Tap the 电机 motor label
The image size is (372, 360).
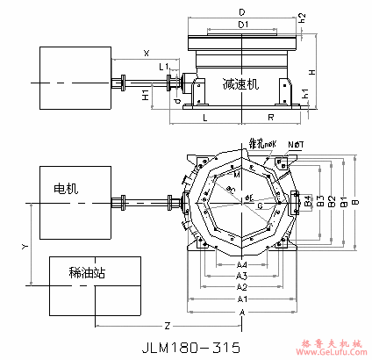[66, 188]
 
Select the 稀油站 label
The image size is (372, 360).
[87, 273]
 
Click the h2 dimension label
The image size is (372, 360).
[303, 17]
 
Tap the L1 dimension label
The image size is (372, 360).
[163, 67]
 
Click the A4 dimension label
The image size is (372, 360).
[241, 264]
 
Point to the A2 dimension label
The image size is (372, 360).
[241, 287]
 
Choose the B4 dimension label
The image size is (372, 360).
[309, 201]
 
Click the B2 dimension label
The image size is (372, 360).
[331, 202]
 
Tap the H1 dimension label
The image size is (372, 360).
[146, 95]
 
